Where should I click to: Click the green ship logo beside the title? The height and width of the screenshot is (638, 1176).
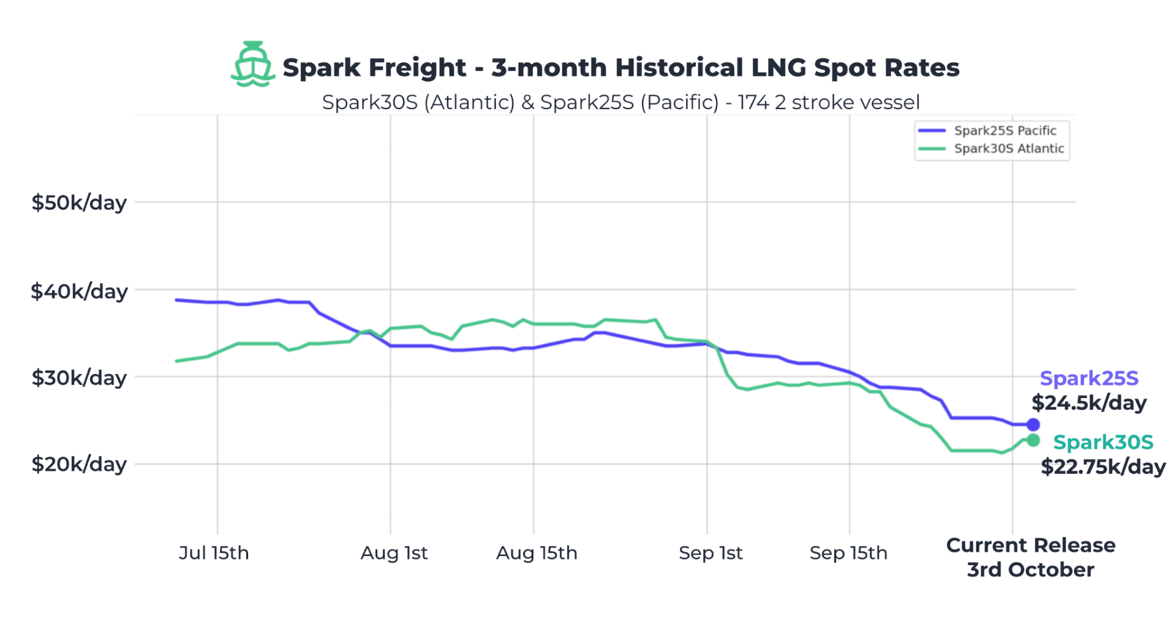click(252, 64)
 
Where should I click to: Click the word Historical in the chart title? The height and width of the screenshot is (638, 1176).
click(679, 67)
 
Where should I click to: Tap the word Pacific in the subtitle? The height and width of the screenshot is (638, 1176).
click(679, 102)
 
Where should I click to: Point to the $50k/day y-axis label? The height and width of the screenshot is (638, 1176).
click(79, 202)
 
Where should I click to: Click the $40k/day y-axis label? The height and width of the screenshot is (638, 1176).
click(79, 291)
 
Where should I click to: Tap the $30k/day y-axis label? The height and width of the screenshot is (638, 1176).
click(79, 377)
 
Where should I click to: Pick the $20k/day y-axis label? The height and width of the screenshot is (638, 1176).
click(79, 464)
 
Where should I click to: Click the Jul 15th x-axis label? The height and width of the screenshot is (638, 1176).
click(214, 553)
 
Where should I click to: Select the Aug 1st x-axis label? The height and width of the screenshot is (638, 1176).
click(394, 553)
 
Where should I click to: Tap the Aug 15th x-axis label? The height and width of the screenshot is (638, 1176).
click(537, 553)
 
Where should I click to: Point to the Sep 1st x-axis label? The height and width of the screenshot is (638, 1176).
click(710, 553)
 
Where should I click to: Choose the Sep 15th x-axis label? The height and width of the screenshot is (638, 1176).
click(848, 553)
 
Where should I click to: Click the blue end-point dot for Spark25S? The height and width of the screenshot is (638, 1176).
click(1033, 424)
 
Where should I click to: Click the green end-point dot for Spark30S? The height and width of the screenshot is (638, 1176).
click(1033, 440)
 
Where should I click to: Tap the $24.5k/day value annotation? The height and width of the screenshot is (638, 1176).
click(1089, 403)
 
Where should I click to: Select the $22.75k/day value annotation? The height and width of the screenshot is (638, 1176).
click(1103, 467)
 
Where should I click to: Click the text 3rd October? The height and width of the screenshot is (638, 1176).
click(1030, 569)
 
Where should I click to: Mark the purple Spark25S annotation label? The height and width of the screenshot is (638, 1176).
click(1089, 378)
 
